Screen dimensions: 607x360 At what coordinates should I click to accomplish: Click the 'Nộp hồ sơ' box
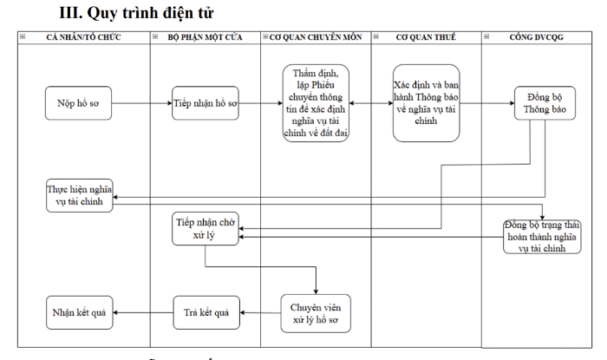tap(78, 103)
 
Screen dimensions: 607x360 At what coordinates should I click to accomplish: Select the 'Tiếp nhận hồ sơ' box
tap(206, 103)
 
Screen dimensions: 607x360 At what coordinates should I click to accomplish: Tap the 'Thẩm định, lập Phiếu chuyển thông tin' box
tap(316, 103)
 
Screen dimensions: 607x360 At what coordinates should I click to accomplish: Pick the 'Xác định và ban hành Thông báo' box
tap(427, 103)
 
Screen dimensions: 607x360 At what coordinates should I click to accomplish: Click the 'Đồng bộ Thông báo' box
tap(545, 103)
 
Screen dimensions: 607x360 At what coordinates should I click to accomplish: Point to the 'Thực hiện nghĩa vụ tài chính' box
tap(80, 195)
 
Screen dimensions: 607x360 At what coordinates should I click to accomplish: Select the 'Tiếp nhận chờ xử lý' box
tap(206, 228)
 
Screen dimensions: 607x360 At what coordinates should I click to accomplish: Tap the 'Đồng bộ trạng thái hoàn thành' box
tap(542, 237)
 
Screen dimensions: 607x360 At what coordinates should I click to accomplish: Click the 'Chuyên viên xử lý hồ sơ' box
tap(316, 313)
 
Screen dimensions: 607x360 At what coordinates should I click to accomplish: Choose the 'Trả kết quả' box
tap(206, 313)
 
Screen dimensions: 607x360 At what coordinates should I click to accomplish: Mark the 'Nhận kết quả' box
tap(80, 313)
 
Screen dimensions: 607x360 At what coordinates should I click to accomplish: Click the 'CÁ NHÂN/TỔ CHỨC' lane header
tap(83, 37)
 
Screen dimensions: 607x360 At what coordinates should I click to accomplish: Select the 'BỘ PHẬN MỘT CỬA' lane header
tap(206, 37)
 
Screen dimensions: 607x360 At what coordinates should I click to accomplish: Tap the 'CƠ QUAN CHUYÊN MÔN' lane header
tap(316, 37)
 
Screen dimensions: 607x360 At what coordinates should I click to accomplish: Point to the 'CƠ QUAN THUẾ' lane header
tap(427, 37)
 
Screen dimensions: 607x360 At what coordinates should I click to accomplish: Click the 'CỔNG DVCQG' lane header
tap(537, 37)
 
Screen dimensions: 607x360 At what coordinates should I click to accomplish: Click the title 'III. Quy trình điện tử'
tap(136, 13)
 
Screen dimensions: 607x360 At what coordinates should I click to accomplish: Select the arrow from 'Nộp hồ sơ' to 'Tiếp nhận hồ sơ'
tap(141, 103)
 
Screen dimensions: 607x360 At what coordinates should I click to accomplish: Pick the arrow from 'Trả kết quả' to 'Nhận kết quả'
tap(143, 313)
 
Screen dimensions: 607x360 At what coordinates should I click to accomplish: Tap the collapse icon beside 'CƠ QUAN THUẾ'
tap(375, 36)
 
